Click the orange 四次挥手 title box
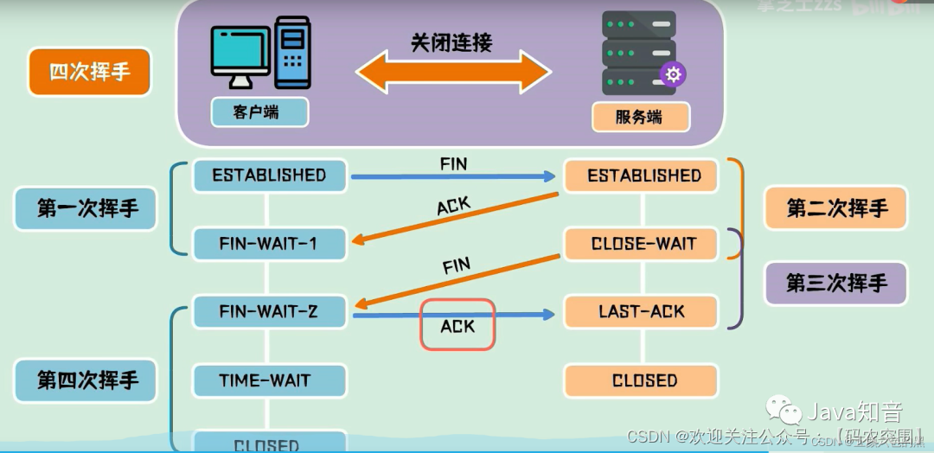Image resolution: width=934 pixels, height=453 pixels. (x=90, y=72)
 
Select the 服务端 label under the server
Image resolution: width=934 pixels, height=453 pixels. (x=640, y=116)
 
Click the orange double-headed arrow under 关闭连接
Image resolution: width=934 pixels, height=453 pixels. (x=453, y=72)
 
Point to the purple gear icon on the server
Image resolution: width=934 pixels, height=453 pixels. (x=672, y=74)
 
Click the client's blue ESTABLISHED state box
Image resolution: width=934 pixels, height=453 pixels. (x=269, y=175)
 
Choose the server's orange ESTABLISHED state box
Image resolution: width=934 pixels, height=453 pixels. (x=641, y=176)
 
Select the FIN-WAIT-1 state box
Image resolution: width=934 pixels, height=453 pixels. (x=269, y=245)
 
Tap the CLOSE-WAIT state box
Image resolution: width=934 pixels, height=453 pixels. (x=641, y=244)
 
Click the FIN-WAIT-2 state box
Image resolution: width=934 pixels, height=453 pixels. (x=269, y=311)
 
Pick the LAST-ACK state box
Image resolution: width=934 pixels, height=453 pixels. (x=641, y=311)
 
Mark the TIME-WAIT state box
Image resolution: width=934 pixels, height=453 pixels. (x=269, y=380)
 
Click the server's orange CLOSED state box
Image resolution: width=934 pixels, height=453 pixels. (x=641, y=380)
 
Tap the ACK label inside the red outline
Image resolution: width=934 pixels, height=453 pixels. (x=457, y=325)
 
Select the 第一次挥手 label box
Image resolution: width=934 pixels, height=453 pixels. (x=86, y=208)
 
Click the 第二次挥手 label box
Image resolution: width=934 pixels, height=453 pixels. (x=835, y=208)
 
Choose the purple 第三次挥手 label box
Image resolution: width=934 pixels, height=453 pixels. (x=835, y=283)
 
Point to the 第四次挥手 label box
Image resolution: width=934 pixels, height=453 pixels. (x=86, y=380)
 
